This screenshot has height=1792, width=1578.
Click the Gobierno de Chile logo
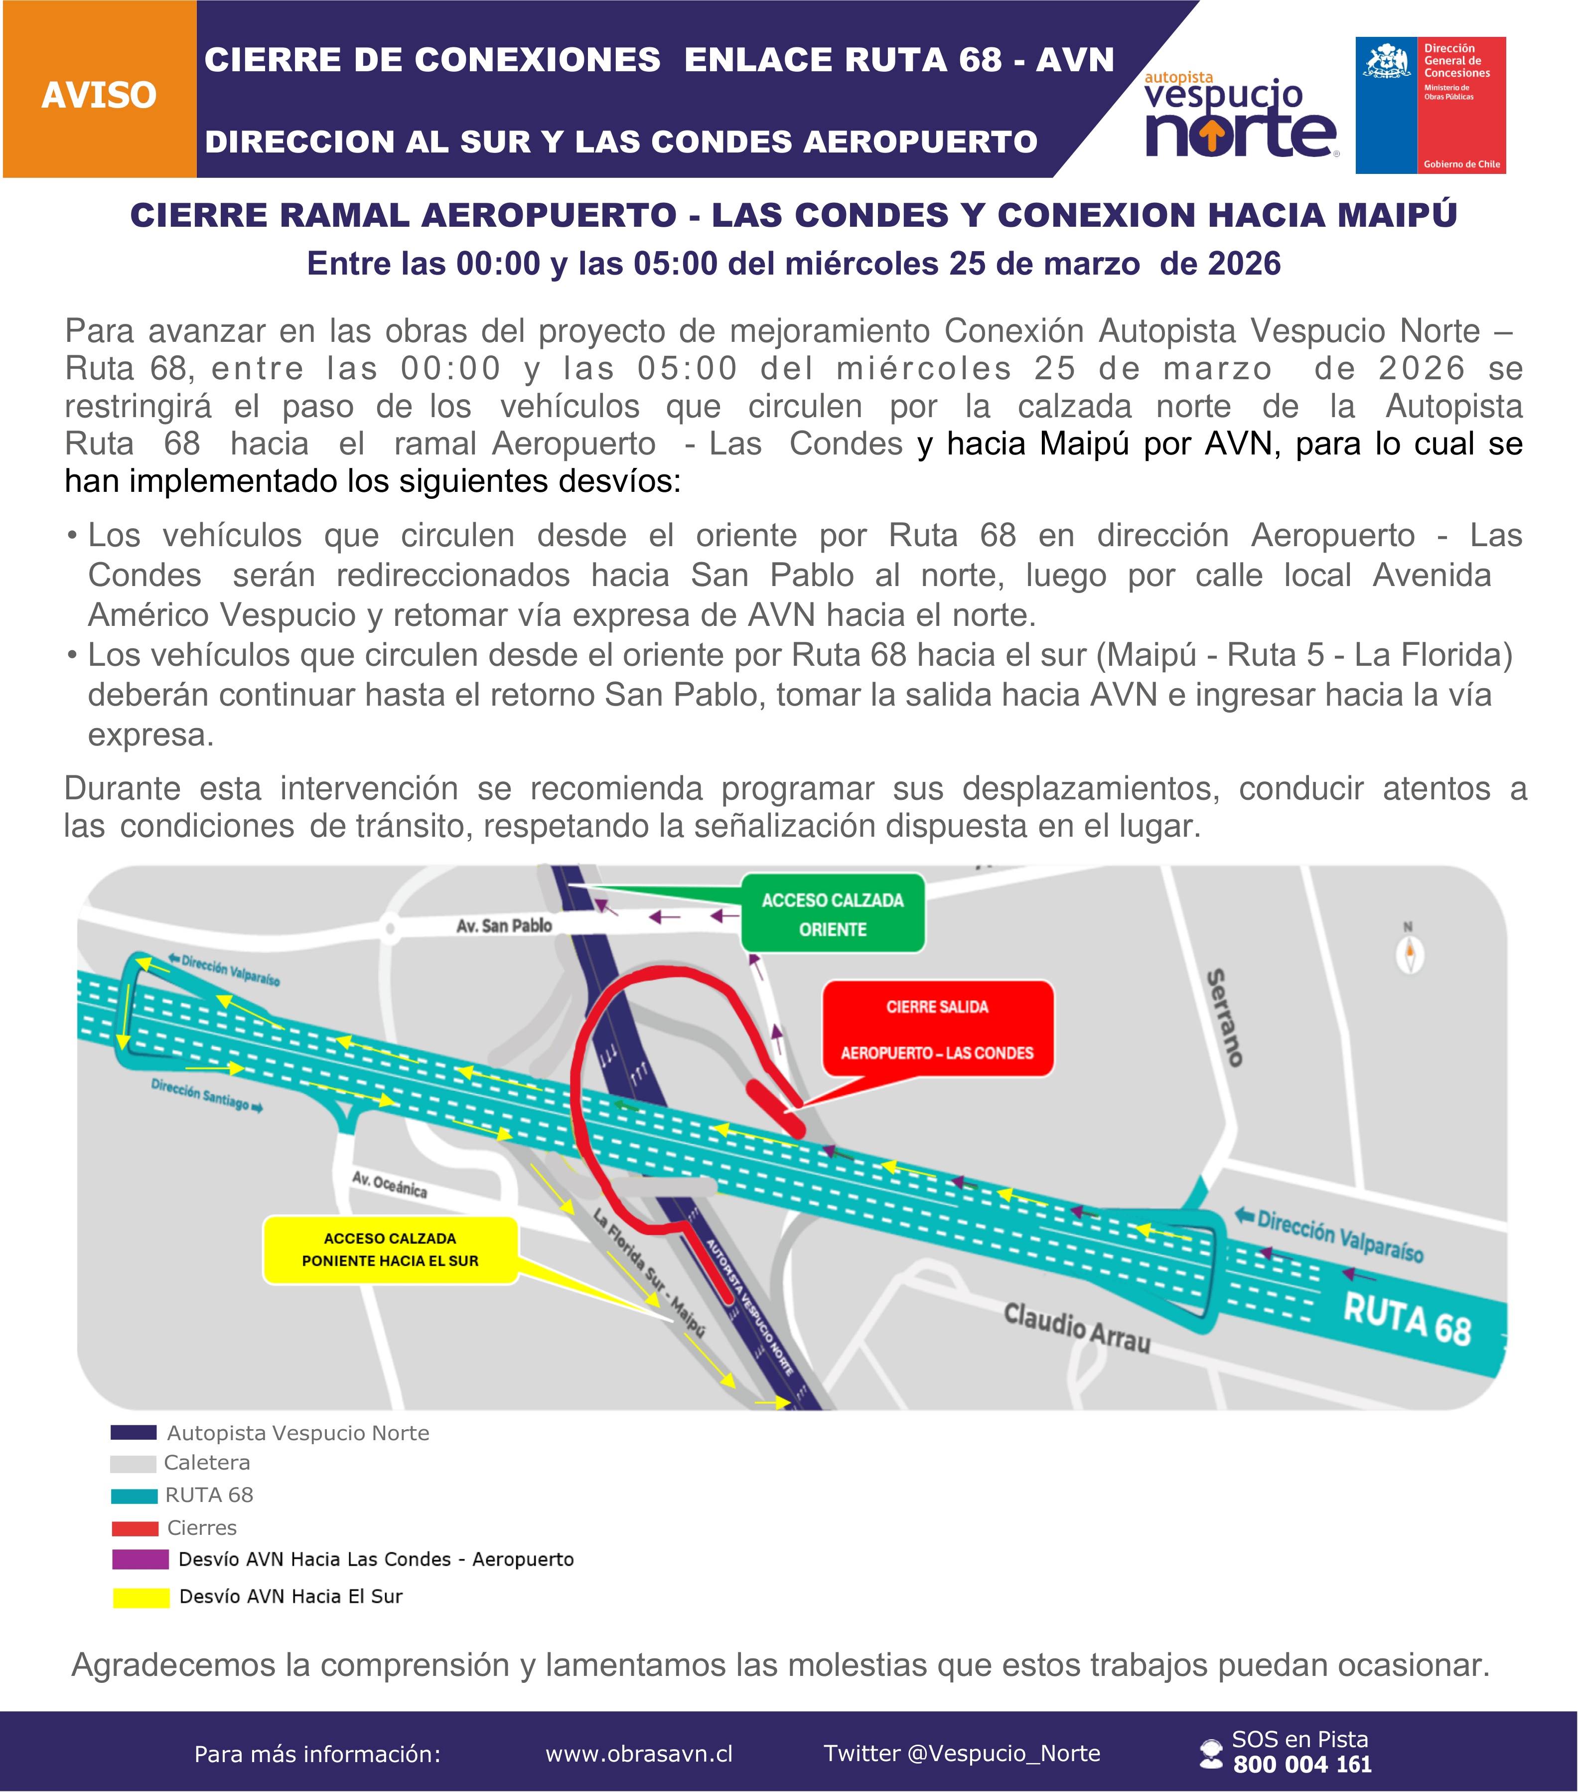(x=1430, y=105)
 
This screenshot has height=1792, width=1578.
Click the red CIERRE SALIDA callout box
(x=937, y=1029)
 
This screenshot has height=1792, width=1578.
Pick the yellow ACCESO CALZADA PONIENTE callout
(x=390, y=1249)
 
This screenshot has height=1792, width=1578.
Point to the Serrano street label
(x=1226, y=1017)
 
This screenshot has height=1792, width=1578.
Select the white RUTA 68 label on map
(x=1407, y=1320)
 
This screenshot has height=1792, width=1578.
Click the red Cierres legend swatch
(x=135, y=1528)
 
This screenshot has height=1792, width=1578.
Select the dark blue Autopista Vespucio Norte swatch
(x=133, y=1433)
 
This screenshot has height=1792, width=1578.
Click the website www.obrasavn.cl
(x=638, y=1754)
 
